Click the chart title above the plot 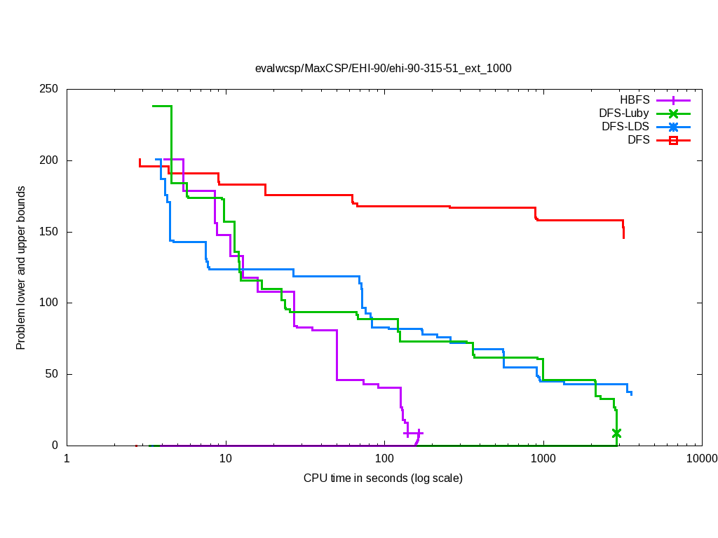pyautogui.click(x=383, y=68)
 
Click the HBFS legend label pyautogui.click(x=635, y=99)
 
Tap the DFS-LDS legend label pyautogui.click(x=625, y=127)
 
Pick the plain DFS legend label pyautogui.click(x=638, y=140)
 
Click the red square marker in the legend pyautogui.click(x=673, y=140)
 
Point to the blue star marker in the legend pyautogui.click(x=673, y=127)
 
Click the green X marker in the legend pyautogui.click(x=673, y=113)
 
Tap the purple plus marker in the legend pyautogui.click(x=673, y=99)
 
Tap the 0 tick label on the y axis pyautogui.click(x=57, y=446)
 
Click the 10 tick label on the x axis pyautogui.click(x=225, y=459)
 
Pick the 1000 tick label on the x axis pyautogui.click(x=543, y=459)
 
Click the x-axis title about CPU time pyautogui.click(x=383, y=478)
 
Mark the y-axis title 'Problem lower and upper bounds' pyautogui.click(x=21, y=268)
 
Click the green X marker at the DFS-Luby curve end pyautogui.click(x=616, y=433)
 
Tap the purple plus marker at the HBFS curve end pyautogui.click(x=419, y=433)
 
